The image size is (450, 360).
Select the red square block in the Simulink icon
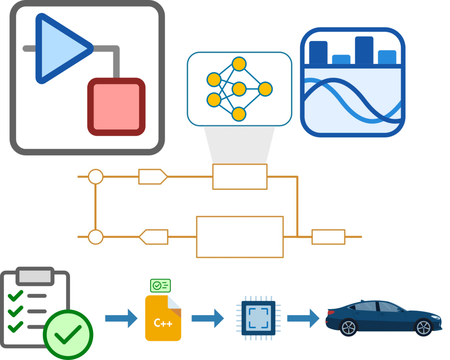point(116,107)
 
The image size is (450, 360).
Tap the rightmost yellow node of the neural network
point(265,89)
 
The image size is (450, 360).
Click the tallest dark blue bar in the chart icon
point(364,50)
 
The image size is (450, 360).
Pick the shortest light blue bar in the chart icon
point(341,59)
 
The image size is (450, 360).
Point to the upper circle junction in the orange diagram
point(96,177)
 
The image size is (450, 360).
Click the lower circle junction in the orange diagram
point(96,237)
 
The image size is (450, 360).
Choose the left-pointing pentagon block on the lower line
point(154,237)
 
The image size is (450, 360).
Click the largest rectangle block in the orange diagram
point(240,237)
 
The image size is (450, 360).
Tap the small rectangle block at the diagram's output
point(328,237)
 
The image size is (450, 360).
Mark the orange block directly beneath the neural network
point(240,177)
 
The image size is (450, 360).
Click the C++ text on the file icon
point(163,323)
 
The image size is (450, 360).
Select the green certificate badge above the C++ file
point(161,285)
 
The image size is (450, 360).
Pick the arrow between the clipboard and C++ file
point(121,318)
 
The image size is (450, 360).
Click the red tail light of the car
point(330,312)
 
